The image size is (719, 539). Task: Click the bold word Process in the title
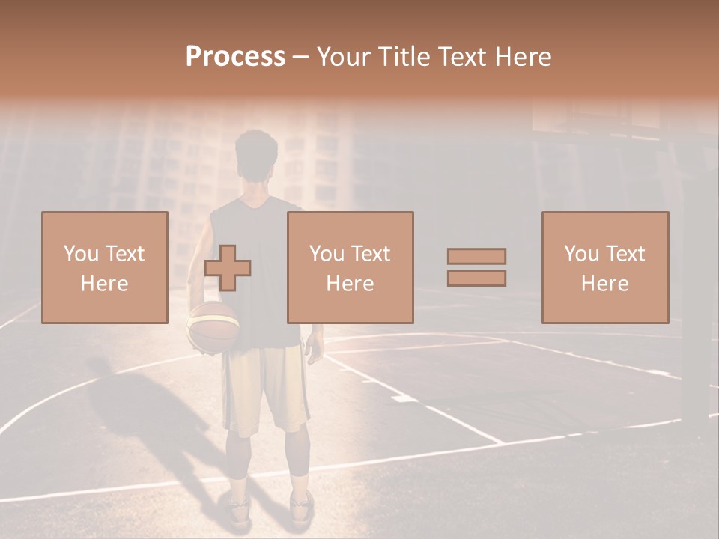tap(235, 57)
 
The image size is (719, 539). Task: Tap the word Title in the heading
tap(404, 57)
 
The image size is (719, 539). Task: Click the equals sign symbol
tap(476, 267)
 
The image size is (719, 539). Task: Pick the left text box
tap(105, 267)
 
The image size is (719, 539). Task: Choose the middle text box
tap(350, 267)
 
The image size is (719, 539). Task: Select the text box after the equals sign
tap(605, 267)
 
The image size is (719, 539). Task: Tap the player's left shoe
tap(239, 509)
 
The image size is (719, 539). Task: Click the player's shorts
tap(266, 389)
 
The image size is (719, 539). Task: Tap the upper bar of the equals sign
tap(476, 257)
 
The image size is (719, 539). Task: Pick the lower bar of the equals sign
tap(476, 278)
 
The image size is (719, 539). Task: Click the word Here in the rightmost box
tap(605, 284)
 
